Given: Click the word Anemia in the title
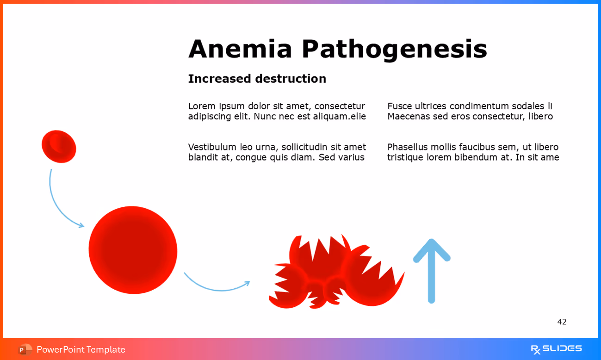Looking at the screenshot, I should [240, 49].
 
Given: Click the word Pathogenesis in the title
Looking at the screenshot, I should [394, 49].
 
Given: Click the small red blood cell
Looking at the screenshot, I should [59, 147].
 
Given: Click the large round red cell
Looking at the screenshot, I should [133, 250].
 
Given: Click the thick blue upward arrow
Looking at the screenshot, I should [431, 271].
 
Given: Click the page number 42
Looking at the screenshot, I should [562, 322].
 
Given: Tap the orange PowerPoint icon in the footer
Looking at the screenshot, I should [25, 349].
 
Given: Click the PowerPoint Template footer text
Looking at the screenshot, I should [81, 349].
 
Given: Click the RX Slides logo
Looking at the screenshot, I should [556, 349].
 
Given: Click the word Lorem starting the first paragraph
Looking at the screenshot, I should [202, 106].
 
